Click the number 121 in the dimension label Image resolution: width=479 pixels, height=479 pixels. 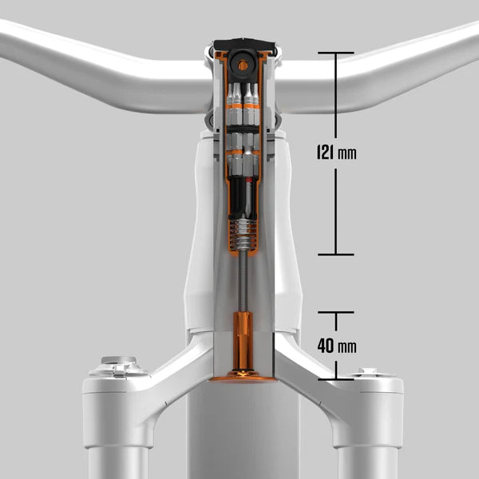(326, 152)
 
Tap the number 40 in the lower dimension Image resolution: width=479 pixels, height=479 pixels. (326, 346)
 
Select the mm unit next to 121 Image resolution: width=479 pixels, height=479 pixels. (347, 153)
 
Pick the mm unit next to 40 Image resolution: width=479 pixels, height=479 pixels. (347, 347)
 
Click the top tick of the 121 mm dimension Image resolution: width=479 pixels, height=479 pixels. (336, 53)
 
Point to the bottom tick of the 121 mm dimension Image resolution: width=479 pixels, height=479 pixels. (336, 254)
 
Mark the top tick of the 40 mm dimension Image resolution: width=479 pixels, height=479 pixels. (336, 312)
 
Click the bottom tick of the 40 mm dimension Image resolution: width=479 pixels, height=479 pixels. (336, 379)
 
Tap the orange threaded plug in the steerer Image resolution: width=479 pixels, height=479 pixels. (243, 342)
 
